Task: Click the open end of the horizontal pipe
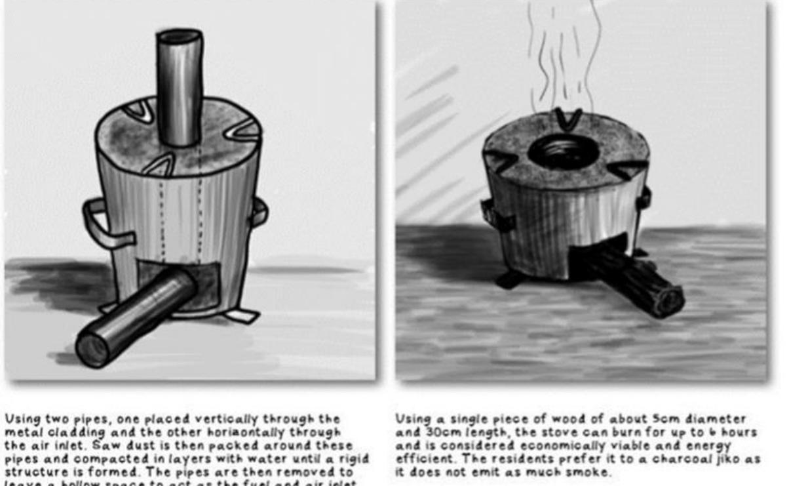[92, 348]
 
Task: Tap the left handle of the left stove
[98, 224]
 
